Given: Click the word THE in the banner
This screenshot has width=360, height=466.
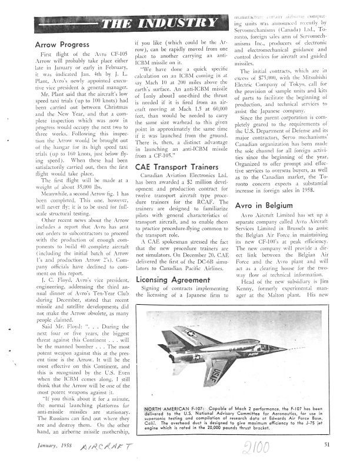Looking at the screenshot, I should [x=118, y=23].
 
